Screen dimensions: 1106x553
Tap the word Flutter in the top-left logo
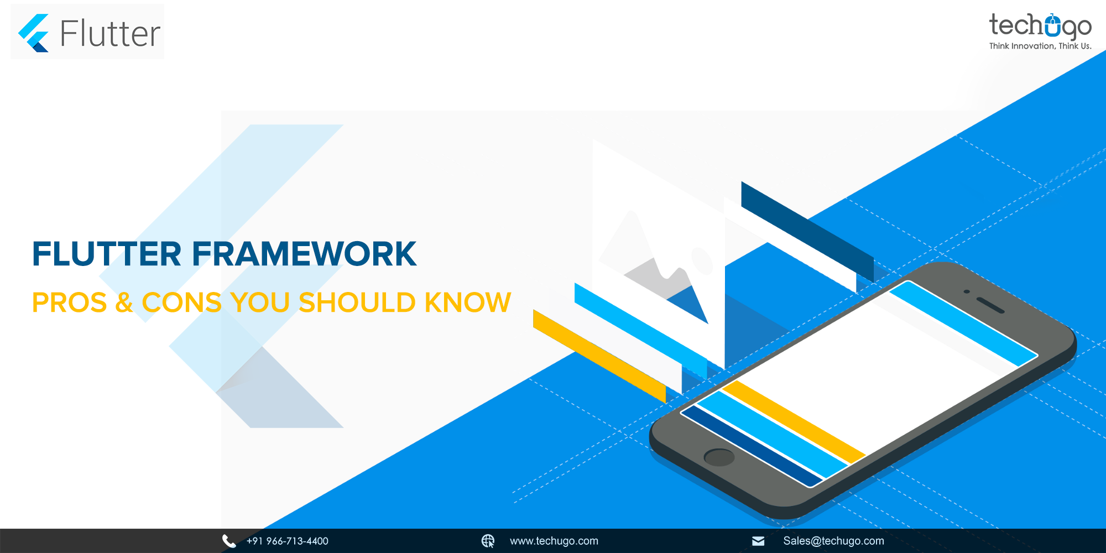pos(110,34)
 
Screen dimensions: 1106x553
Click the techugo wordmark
pos(1040,26)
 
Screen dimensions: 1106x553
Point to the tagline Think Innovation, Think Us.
pos(1040,46)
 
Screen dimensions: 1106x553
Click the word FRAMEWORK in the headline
pos(304,254)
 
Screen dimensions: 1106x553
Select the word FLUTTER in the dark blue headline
pos(107,254)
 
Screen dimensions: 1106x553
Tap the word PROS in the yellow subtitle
pos(70,302)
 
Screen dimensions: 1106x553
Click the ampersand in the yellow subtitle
pos(124,302)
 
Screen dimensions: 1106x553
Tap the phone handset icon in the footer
pos(229,541)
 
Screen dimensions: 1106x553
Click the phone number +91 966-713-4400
pos(288,541)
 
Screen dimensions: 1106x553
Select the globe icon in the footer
pos(488,541)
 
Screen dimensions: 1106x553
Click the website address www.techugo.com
pos(554,541)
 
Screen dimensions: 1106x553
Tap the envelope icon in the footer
pos(758,541)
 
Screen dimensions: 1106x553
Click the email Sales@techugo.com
pos(833,541)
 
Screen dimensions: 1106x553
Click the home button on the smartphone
pos(719,457)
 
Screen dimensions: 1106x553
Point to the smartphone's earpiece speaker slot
pos(990,305)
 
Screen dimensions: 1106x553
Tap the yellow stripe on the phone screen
pos(794,421)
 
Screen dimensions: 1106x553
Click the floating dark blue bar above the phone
pos(807,231)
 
